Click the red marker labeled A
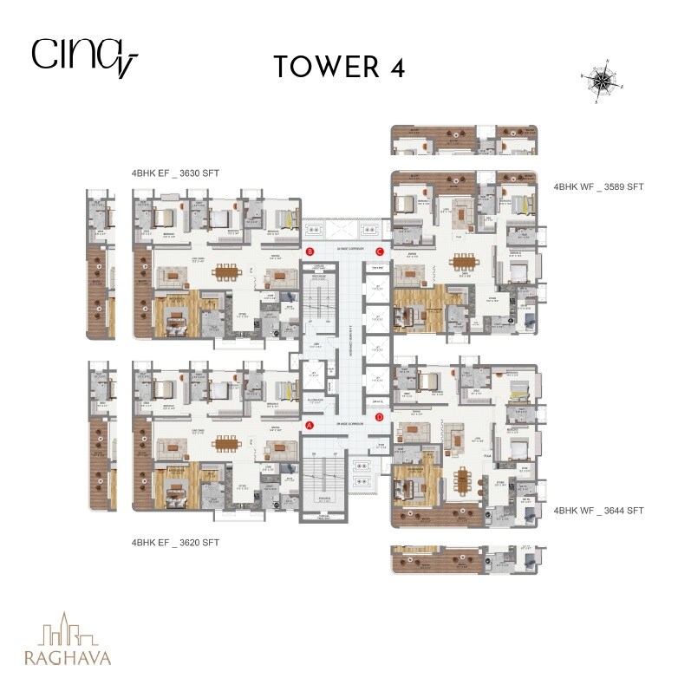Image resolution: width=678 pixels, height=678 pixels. pos(310,425)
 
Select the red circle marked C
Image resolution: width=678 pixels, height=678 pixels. pos(379,251)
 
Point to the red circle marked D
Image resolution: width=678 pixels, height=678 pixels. pos(379,417)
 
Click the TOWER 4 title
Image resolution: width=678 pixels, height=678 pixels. pos(339,68)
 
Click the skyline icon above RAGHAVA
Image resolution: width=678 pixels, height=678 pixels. pos(69,628)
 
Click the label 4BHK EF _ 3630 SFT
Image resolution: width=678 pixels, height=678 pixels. pos(175,173)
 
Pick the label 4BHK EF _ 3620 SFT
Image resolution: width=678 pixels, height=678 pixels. pos(175,543)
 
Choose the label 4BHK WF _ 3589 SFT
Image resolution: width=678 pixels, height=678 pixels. pos(599,186)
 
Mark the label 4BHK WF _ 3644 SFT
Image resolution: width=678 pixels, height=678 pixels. pos(599,512)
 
